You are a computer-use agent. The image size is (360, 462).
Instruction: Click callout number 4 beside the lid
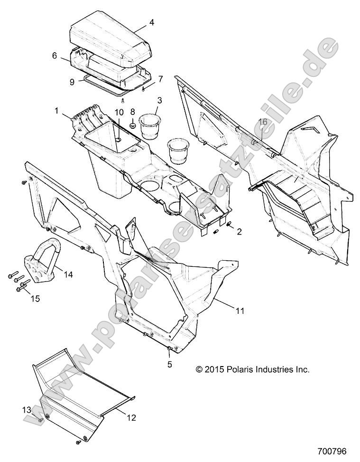(x=152, y=22)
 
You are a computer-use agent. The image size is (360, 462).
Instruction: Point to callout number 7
(x=161, y=78)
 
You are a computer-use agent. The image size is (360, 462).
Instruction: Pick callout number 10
(x=119, y=112)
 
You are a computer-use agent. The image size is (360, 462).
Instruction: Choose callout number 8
(x=133, y=112)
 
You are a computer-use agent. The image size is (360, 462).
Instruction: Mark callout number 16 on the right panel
(x=262, y=122)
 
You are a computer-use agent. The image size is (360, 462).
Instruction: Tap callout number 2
(x=239, y=232)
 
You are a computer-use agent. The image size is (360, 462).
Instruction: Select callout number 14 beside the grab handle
(x=68, y=274)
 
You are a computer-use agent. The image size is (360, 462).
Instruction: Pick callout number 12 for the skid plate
(x=131, y=418)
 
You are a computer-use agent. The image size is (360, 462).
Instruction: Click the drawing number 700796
(x=333, y=450)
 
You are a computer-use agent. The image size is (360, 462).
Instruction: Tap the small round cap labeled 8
(x=133, y=125)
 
